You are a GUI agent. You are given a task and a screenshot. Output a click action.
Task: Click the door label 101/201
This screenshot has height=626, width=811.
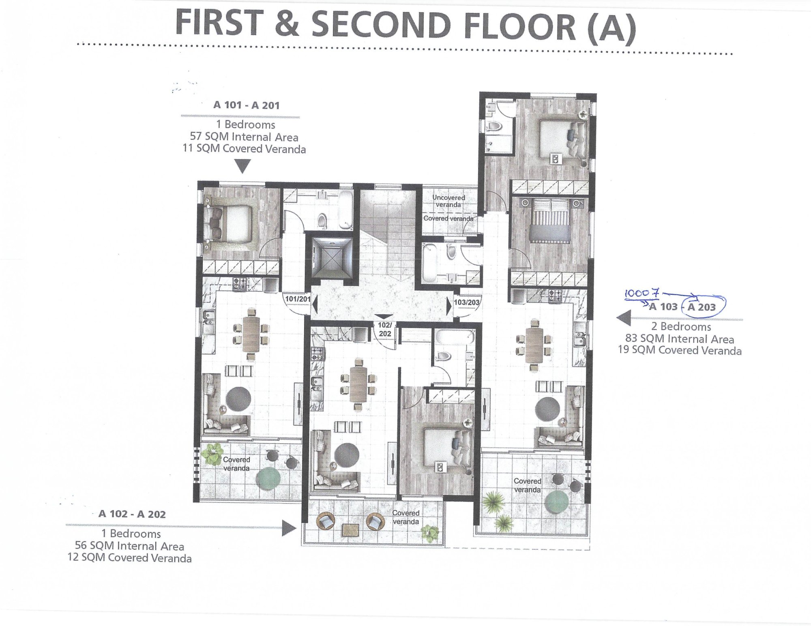pyautogui.click(x=298, y=299)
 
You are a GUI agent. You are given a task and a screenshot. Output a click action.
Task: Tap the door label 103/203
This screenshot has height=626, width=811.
pyautogui.click(x=467, y=302)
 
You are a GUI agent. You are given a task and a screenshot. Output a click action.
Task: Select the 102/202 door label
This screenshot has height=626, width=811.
pyautogui.click(x=385, y=329)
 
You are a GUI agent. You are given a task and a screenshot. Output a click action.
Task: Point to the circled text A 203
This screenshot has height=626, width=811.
pyautogui.click(x=702, y=307)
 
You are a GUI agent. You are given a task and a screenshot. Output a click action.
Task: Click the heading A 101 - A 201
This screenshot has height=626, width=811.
pyautogui.click(x=247, y=105)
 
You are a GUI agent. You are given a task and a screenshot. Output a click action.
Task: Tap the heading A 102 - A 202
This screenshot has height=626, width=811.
pyautogui.click(x=132, y=514)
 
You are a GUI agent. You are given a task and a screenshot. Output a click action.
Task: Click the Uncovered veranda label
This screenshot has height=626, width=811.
pyautogui.click(x=448, y=201)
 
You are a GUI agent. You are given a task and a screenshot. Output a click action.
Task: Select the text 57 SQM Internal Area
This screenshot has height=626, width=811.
pyautogui.click(x=244, y=137)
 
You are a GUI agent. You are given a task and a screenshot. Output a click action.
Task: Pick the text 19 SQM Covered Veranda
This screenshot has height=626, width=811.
pyautogui.click(x=680, y=350)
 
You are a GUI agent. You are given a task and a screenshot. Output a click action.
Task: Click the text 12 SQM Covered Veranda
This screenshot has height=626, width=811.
pyautogui.click(x=130, y=558)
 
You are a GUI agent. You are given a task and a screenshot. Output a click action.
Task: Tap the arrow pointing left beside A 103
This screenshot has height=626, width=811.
pyautogui.click(x=624, y=318)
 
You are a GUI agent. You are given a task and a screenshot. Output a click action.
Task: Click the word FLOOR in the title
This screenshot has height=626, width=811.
pyautogui.click(x=519, y=26)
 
